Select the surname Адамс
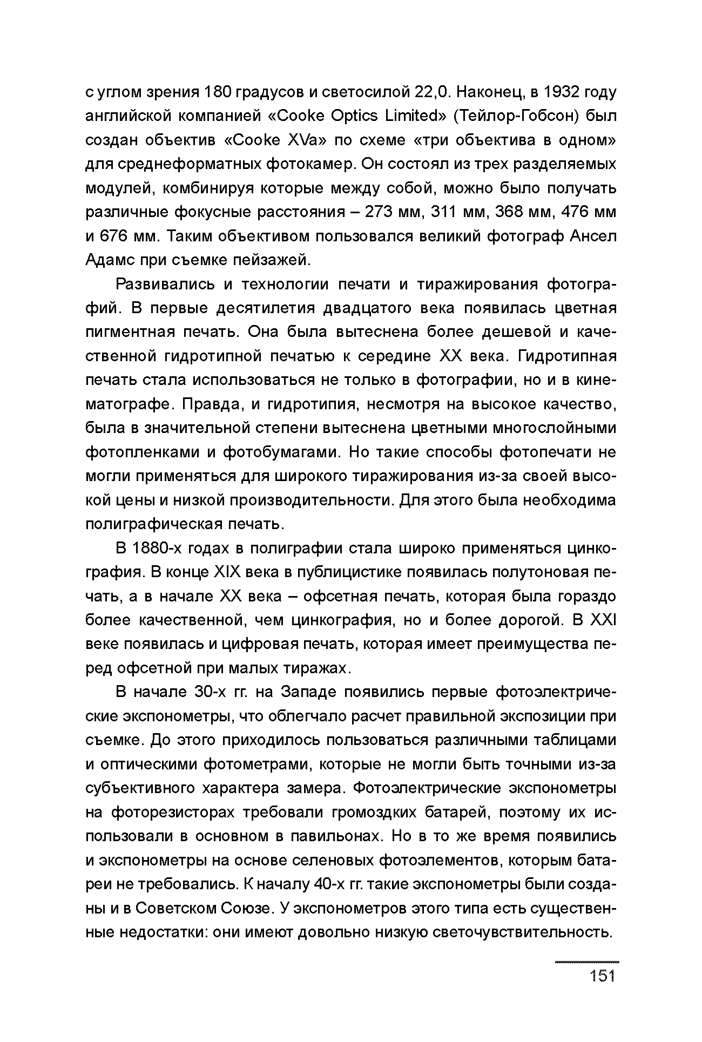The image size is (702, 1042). coord(110,260)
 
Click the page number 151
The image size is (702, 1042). coord(603,976)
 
